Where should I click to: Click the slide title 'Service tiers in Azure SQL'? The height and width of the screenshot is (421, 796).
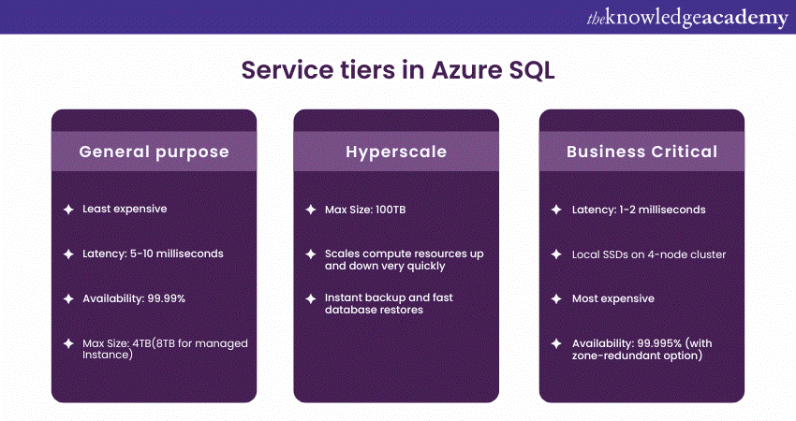(x=398, y=71)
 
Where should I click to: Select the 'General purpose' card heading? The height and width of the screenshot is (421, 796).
(x=154, y=152)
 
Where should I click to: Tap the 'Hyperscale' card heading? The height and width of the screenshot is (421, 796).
(x=396, y=152)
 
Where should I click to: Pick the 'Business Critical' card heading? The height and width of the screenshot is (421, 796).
(x=641, y=152)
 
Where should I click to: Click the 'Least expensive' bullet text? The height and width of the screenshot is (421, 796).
(x=125, y=209)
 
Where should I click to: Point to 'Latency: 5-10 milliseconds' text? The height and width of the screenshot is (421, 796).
(x=153, y=254)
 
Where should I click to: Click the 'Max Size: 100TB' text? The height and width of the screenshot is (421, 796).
(x=365, y=209)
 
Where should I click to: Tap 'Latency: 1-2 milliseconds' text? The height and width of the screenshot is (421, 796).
(x=639, y=209)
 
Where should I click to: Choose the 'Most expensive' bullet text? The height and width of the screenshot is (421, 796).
(x=613, y=298)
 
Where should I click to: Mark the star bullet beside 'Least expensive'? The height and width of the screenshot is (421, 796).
(x=67, y=210)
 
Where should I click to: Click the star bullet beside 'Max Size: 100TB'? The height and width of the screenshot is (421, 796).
(x=310, y=210)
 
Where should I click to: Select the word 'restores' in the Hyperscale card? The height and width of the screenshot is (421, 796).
(x=399, y=310)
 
